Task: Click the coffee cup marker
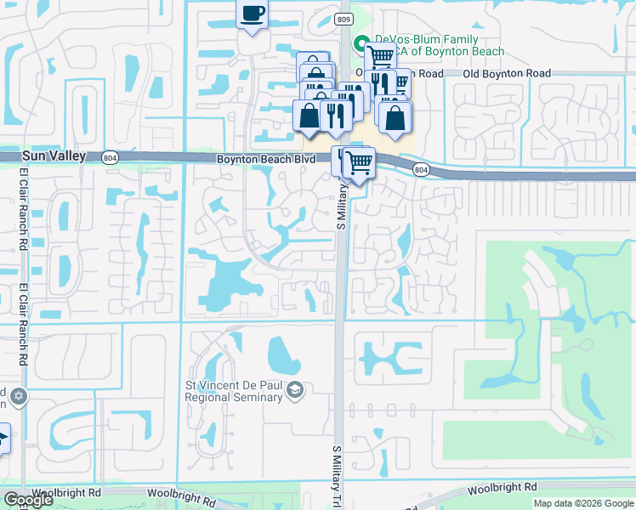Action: pos(252,14)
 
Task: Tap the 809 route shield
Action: pos(342,18)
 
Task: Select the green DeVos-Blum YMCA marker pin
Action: pos(360,42)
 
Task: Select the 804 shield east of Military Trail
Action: pos(421,170)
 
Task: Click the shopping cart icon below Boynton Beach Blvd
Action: pos(360,161)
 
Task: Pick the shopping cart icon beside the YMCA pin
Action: pos(380,57)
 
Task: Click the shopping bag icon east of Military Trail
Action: pos(395,116)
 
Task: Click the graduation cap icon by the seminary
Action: pos(294,390)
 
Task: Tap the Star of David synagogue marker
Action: pos(18,397)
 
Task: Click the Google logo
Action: pos(28,500)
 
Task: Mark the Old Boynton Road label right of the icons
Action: pos(508,74)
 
